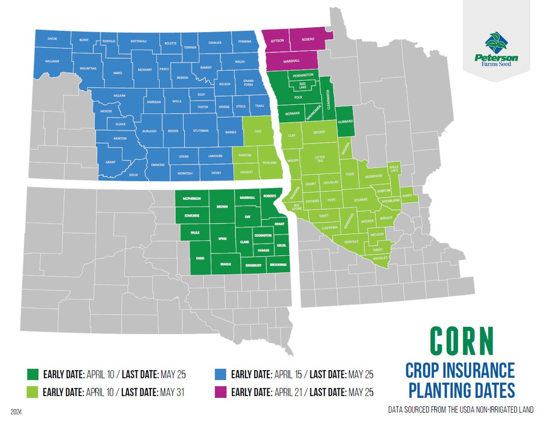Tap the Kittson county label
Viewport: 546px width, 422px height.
pos(278,41)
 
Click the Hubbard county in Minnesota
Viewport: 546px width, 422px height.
pos(345,122)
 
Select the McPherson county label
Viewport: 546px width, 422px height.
pos(192,199)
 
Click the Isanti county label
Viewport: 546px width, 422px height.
pos(408,195)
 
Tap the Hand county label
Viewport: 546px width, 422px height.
pos(200,258)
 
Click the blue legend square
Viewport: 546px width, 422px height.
pos(220,375)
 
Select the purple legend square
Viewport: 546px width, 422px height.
pos(220,391)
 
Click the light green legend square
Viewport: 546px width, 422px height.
pos(32,391)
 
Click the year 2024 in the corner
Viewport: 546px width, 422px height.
pos(16,412)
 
